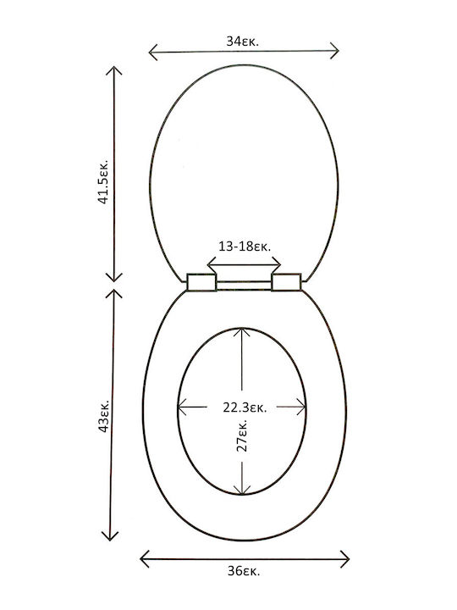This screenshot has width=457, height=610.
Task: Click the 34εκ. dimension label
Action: click(x=243, y=42)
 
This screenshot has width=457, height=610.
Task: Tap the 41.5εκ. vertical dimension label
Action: click(x=103, y=181)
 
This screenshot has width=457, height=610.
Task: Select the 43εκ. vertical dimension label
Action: click(x=104, y=415)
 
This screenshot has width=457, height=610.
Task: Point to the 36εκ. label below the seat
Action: click(x=245, y=571)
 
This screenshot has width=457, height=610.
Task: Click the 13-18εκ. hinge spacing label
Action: click(x=245, y=247)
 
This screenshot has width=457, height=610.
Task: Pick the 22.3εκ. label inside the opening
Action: click(x=245, y=408)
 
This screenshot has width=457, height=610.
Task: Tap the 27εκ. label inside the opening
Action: click(x=241, y=435)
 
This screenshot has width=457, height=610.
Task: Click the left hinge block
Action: click(x=201, y=282)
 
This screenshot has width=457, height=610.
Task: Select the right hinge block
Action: click(x=286, y=282)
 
